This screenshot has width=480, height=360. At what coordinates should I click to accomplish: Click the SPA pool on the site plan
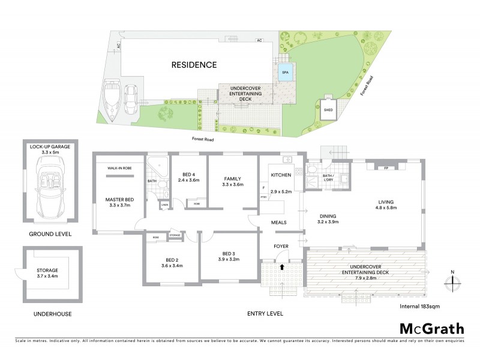point(286,73)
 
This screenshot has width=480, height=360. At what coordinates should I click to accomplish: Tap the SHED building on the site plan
point(328,110)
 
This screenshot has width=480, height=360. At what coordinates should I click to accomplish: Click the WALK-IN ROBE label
point(119,169)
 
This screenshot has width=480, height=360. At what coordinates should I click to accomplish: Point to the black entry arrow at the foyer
point(282,265)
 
